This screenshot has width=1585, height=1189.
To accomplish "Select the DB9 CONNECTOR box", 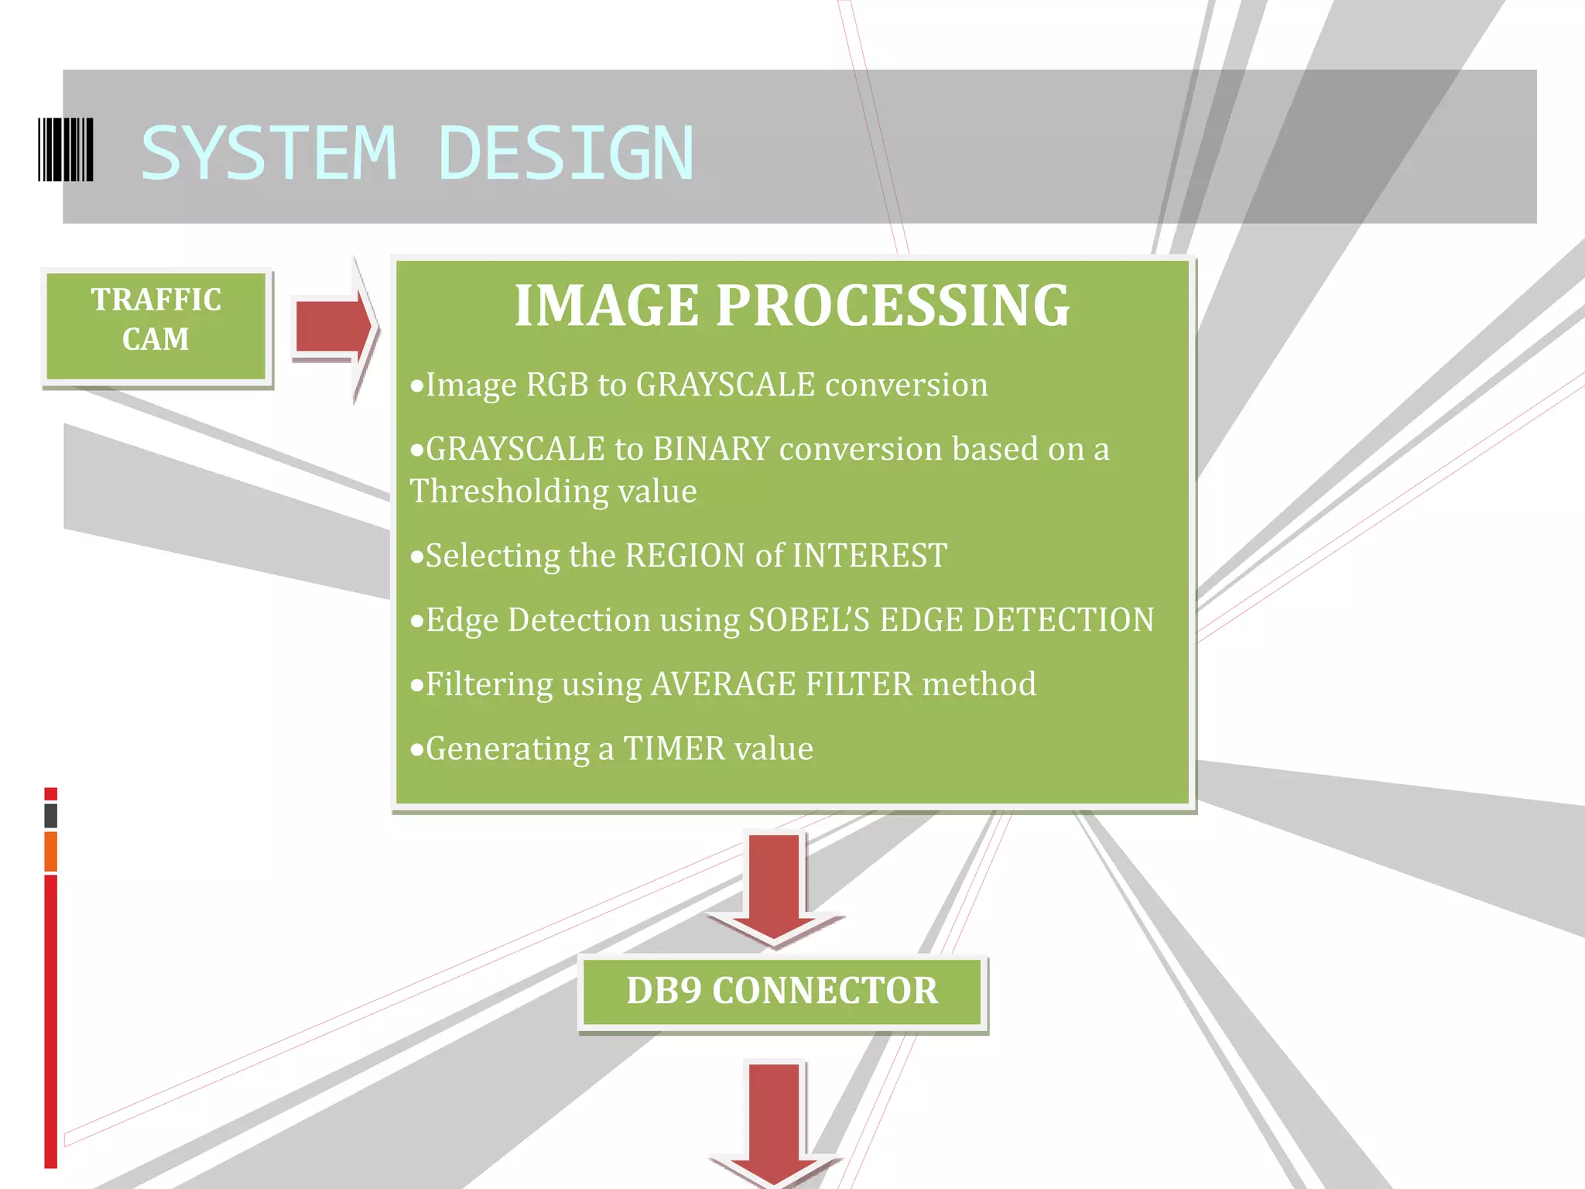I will pyautogui.click(x=782, y=992).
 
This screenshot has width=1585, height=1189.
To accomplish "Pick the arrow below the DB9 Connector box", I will pyautogui.click(x=774, y=1122).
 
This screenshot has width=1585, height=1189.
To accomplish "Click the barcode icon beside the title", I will pyautogui.click(x=66, y=150).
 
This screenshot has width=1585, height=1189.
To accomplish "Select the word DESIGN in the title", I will pyautogui.click(x=566, y=153).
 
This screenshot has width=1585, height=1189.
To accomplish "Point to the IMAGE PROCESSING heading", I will pyautogui.click(x=792, y=305).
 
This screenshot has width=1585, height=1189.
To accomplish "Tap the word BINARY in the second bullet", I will pyautogui.click(x=711, y=449).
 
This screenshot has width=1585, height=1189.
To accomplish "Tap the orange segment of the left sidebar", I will pyautogui.click(x=51, y=851).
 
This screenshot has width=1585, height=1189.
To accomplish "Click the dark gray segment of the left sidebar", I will pyautogui.click(x=51, y=815).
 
